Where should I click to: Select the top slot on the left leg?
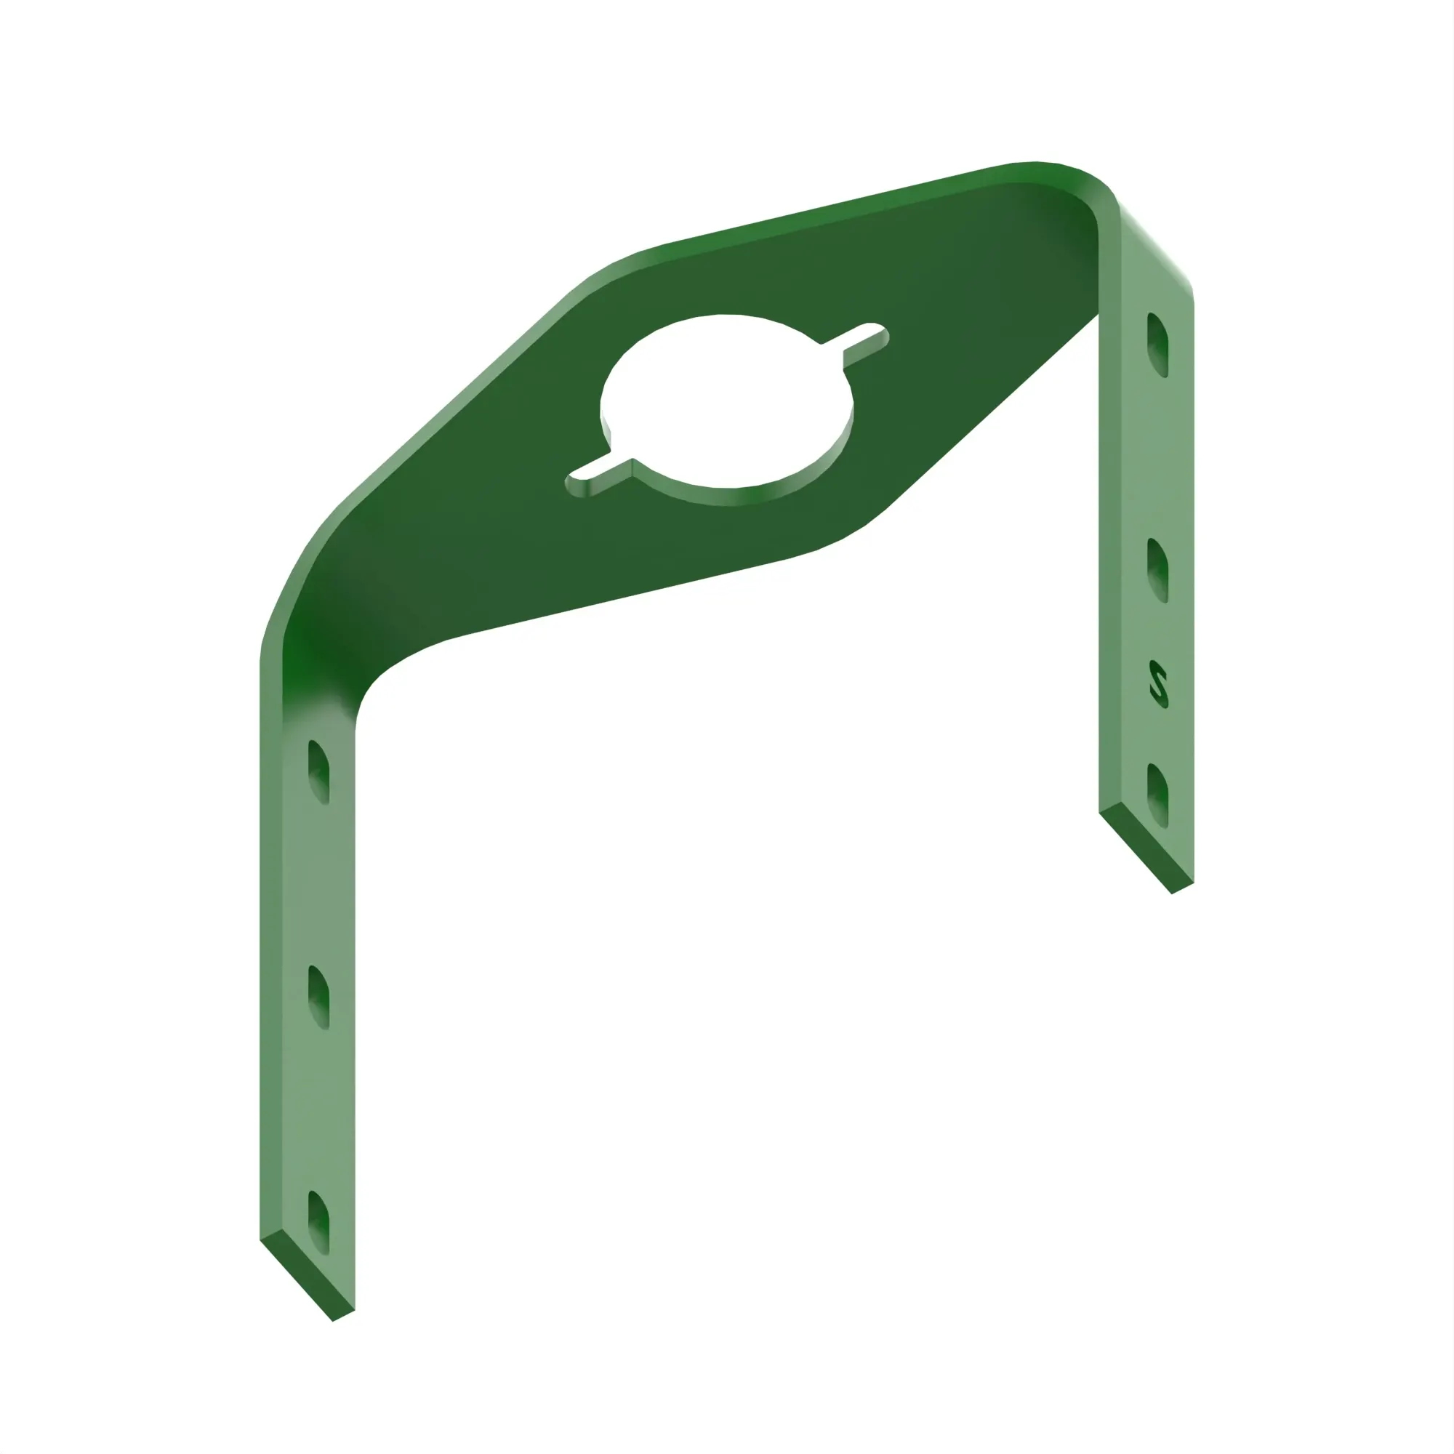(319, 771)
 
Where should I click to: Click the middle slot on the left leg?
(319, 997)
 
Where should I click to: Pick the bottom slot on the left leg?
(319, 1222)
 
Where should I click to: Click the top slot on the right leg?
(1157, 345)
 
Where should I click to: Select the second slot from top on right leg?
(1157, 570)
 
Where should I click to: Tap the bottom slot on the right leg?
(1157, 795)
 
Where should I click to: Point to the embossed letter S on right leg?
(1158, 685)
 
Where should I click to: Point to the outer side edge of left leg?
(270, 979)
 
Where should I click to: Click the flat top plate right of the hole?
(979, 316)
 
